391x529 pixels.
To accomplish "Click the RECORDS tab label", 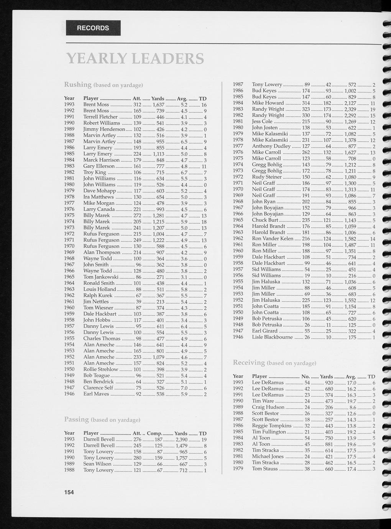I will pos(93,28).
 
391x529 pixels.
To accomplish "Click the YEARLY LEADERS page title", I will pos(135,59).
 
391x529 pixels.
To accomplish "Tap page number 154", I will pos(69,492).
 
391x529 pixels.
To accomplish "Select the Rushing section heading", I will pos(78,84).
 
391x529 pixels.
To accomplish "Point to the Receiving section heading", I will pos(249,363).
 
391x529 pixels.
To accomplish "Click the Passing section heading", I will pos(77,419).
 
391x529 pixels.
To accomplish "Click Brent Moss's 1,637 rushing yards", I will pos(158,104).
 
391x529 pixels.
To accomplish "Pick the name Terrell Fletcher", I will pos(100,117).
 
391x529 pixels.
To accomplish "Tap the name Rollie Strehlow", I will pos(101,369).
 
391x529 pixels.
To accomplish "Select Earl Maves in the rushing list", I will pos(96,394).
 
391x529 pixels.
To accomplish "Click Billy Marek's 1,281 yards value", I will pos(158,215).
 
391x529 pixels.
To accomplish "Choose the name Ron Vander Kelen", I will pos(273,238).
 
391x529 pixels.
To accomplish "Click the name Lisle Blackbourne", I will pos(272,337).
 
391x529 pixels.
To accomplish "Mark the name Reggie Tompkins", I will pos(271,426).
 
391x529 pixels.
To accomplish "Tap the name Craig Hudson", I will pos(268,407).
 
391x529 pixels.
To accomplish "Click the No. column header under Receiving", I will pos(306,376).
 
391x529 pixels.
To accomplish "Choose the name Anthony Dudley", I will pos(271,146).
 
